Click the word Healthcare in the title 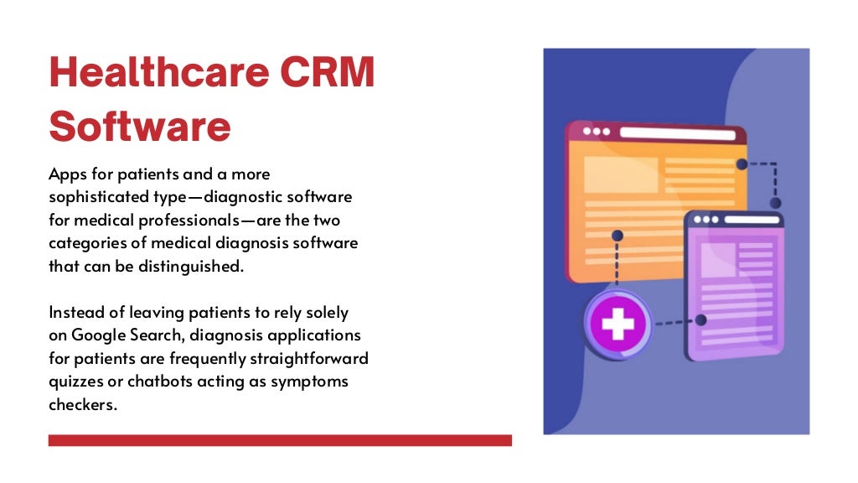pyautogui.click(x=157, y=74)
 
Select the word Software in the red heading pyautogui.click(x=140, y=126)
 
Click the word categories pyautogui.click(x=88, y=243)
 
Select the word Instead pyautogui.click(x=75, y=312)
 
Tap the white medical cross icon pyautogui.click(x=618, y=324)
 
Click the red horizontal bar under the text pyautogui.click(x=280, y=440)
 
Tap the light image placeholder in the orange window pyautogui.click(x=620, y=174)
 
